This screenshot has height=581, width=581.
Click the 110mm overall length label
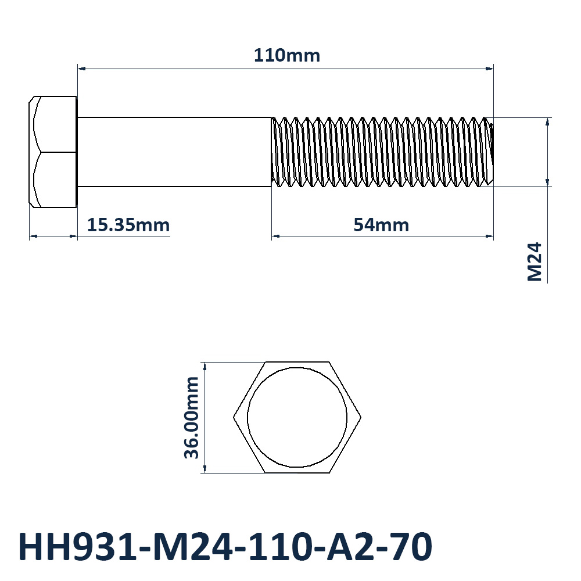click(287, 56)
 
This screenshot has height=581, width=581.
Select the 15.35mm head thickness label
click(128, 225)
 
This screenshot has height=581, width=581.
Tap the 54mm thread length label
click(381, 225)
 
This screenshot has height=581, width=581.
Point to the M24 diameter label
click(535, 262)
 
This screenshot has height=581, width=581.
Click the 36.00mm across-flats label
click(192, 418)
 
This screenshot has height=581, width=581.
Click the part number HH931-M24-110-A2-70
click(225, 547)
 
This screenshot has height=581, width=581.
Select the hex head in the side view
click(53, 152)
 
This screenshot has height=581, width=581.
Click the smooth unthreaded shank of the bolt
click(174, 152)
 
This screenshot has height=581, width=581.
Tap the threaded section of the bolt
click(382, 152)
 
